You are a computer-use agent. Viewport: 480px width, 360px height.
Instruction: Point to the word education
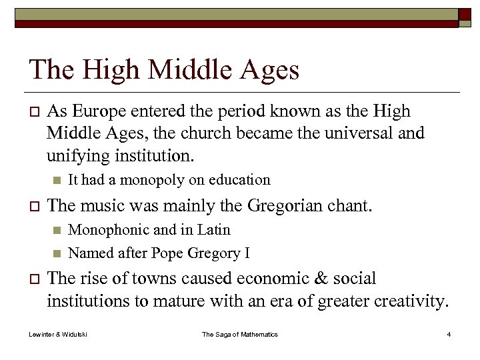click(x=239, y=179)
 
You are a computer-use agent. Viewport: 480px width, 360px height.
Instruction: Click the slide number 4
click(x=449, y=334)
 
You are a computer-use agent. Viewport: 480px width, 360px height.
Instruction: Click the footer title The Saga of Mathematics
click(x=240, y=334)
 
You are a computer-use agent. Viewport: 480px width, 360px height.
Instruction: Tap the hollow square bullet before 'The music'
click(x=35, y=205)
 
